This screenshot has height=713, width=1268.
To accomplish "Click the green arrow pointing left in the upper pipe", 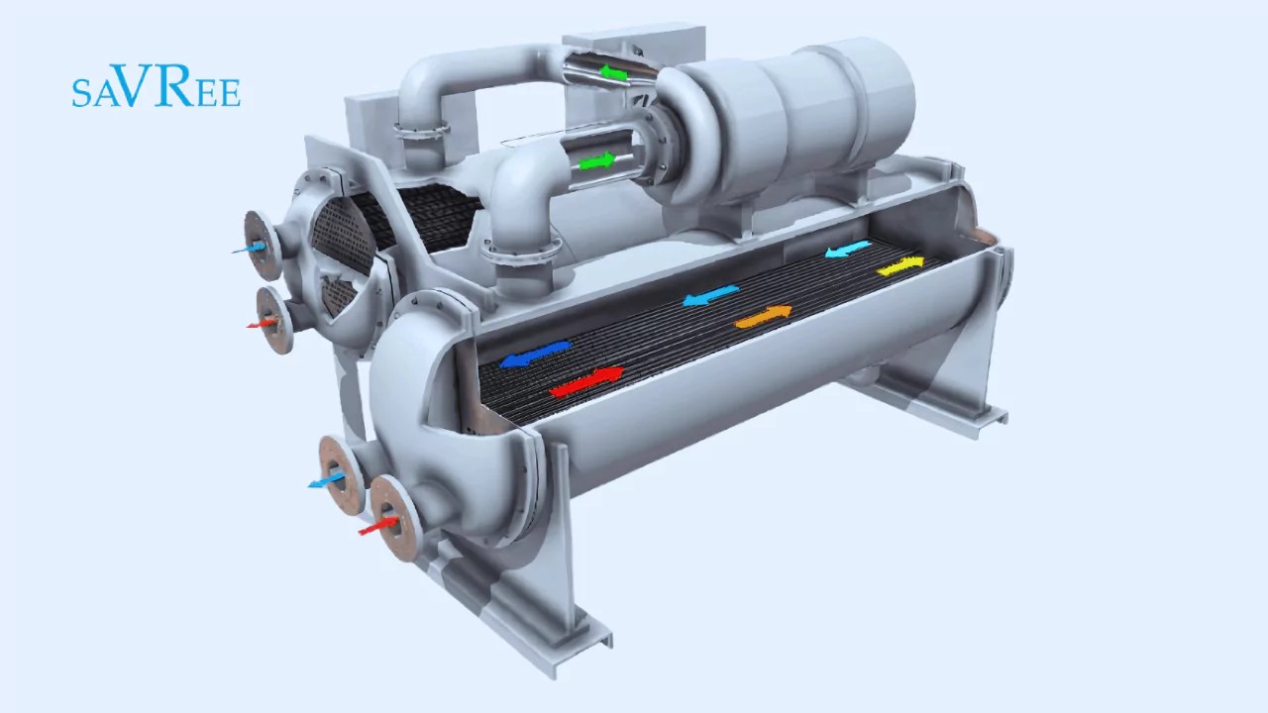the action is point(614,72).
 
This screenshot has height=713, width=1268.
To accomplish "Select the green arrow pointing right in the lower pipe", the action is point(596,161).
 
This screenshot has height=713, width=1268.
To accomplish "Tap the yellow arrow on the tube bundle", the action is point(900,265).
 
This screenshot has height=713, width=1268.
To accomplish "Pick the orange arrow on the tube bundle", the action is point(763,316).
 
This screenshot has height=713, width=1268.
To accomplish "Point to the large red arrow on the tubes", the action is point(586,381).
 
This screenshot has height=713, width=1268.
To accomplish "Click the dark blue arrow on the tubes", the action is point(536,354).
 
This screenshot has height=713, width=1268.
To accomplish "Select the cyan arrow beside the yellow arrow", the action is point(848,249).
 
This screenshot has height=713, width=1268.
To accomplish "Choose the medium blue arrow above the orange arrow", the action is point(710,295).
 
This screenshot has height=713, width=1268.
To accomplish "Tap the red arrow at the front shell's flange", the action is point(379,526).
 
